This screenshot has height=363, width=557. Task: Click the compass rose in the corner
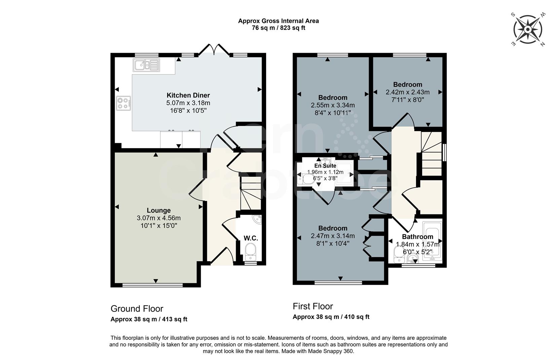click(x=527, y=30)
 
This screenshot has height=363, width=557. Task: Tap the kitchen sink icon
click(x=146, y=65)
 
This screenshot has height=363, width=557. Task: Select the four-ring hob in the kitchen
click(x=123, y=103)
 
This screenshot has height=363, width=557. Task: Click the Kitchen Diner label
click(x=188, y=95)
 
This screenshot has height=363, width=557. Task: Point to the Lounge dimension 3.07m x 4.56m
click(x=158, y=218)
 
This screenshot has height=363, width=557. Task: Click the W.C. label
click(x=251, y=238)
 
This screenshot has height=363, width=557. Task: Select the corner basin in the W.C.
click(x=258, y=219)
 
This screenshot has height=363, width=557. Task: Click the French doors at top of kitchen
click(x=214, y=49)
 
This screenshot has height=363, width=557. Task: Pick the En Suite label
click(x=325, y=166)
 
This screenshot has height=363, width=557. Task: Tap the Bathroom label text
click(x=417, y=237)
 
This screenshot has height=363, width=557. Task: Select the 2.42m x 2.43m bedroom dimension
click(x=407, y=92)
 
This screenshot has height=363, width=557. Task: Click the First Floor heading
click(x=313, y=306)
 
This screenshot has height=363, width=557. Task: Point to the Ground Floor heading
click(x=137, y=309)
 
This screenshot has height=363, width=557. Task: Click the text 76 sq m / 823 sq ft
click(x=278, y=28)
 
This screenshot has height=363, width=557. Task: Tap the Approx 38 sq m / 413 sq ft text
click(x=149, y=319)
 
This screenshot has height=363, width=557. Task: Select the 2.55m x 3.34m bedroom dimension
click(x=333, y=105)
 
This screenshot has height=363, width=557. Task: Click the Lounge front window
click(x=152, y=285)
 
